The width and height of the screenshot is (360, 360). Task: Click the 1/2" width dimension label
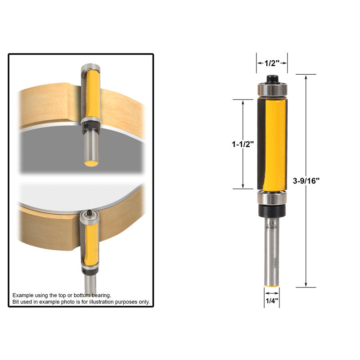(x=272, y=63)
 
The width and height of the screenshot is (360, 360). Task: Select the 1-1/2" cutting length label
(x=243, y=144)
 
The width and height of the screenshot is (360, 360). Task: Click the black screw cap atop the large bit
(x=272, y=79)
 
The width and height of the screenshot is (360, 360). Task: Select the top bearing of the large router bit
(x=272, y=90)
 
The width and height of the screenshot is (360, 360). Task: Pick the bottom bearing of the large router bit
(x=272, y=198)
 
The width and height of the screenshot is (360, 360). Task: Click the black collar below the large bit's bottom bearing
(x=272, y=211)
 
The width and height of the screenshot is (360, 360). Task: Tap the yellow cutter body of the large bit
(x=275, y=144)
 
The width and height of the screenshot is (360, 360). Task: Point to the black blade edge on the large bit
(x=261, y=144)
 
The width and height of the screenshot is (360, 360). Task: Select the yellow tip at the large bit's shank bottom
(x=272, y=285)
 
